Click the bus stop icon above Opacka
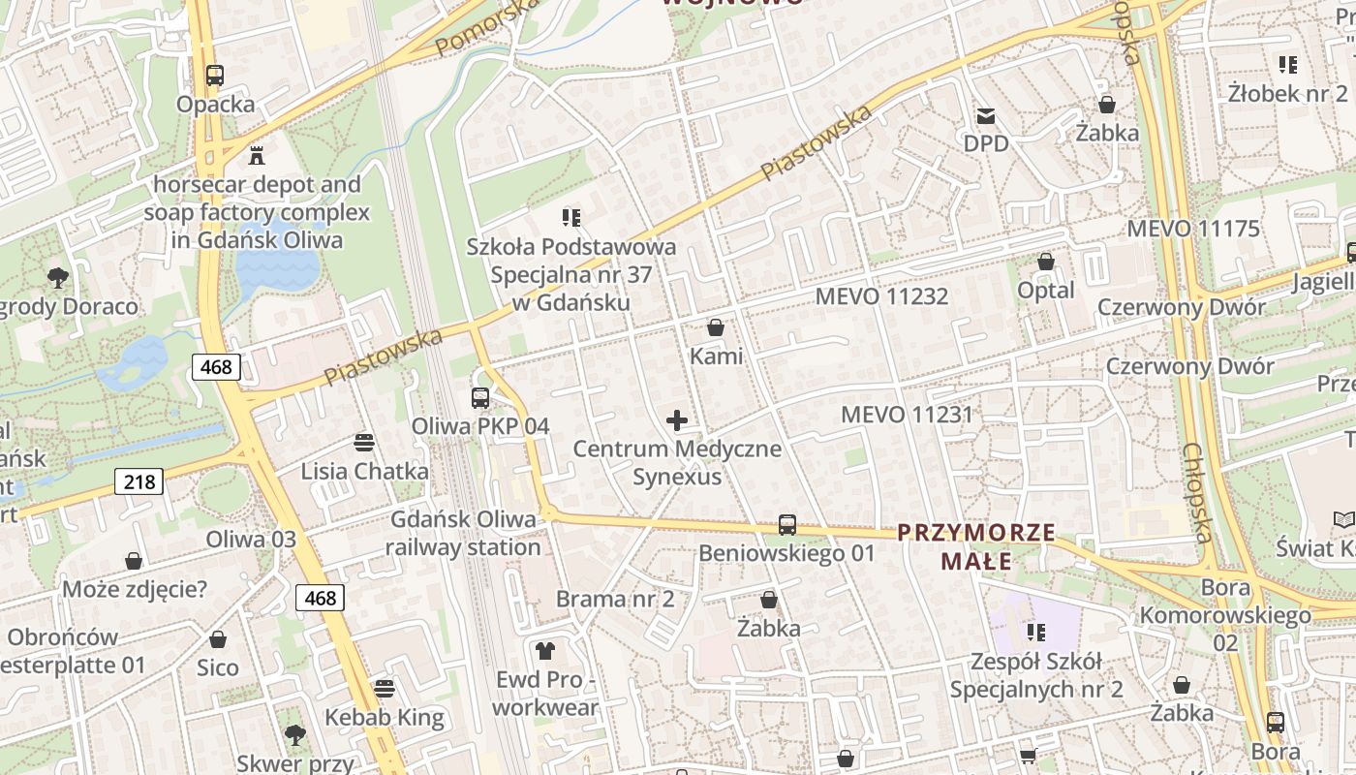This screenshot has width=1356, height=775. (215, 76)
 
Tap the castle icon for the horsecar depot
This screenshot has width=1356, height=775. (257, 155)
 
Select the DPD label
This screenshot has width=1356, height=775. (986, 143)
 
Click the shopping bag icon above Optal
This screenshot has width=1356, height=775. (1045, 263)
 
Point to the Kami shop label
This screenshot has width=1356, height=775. (716, 356)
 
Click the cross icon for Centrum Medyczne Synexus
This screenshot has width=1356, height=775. (677, 420)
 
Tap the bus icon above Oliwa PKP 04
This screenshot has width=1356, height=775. (479, 397)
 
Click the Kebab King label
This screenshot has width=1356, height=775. (384, 718)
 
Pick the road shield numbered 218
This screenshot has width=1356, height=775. (139, 481)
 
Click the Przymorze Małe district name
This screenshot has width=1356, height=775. (975, 546)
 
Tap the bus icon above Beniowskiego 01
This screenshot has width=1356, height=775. (787, 525)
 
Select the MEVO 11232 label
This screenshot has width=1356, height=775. (881, 296)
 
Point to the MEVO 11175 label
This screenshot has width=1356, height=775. (1192, 230)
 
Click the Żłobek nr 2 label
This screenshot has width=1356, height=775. (1287, 94)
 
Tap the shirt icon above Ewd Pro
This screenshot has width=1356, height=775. (545, 651)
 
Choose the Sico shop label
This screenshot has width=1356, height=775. (217, 667)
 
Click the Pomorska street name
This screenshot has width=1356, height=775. (486, 25)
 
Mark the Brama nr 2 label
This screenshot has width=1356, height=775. (614, 599)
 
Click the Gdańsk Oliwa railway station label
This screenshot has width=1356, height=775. (463, 533)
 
